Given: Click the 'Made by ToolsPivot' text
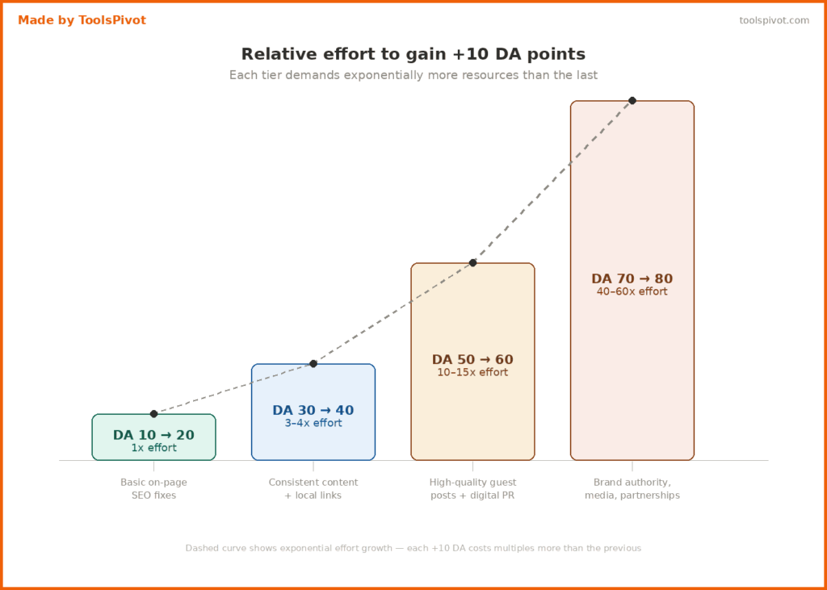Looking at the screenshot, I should pos(82,20).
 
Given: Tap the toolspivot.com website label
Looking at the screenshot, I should pos(774,20).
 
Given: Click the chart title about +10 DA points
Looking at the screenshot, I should pos(413,54).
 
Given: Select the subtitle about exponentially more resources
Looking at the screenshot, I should pos(413,75).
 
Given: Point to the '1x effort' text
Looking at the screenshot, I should pos(153,448).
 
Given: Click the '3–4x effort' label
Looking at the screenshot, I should pos(313,423).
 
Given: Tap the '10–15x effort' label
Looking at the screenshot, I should pos(472,372).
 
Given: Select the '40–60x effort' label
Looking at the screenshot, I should pos(632,291).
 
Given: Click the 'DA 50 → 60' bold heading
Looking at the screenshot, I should pos(472,359).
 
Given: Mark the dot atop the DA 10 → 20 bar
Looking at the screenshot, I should pos(153,413).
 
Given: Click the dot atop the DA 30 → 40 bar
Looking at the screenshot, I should pos(313,363).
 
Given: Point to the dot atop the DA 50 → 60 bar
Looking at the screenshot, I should pos(472,262).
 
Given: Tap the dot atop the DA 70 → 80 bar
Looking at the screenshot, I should pos(632,100).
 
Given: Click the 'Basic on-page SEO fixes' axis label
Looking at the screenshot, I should pos(153,488).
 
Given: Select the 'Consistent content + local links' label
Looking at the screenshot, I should pos(313,488).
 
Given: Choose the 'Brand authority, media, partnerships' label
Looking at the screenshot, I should pos(632,488).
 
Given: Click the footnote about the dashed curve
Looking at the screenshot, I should pos(413,548).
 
